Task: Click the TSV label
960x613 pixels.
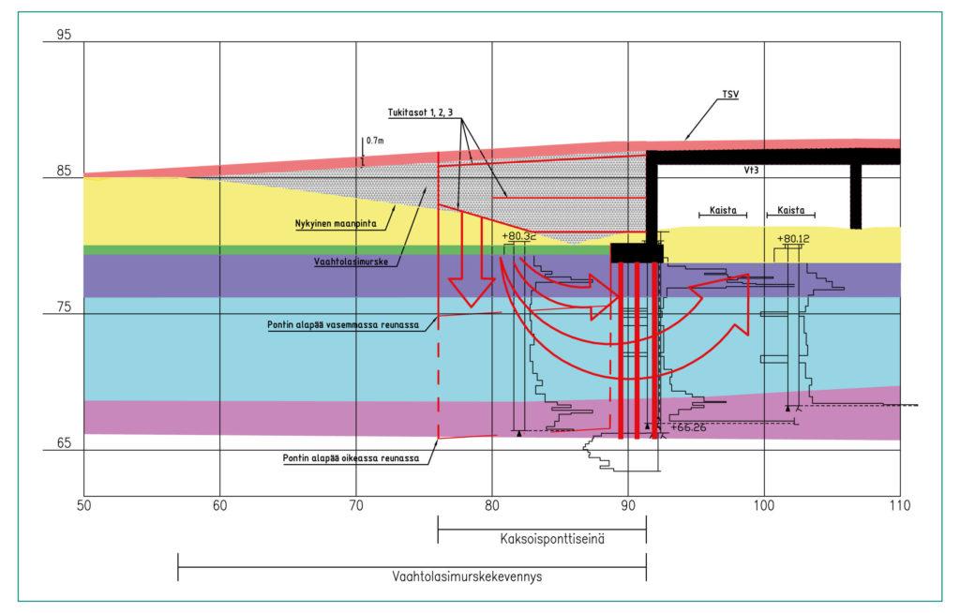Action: [730, 95]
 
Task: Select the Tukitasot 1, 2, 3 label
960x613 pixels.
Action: [421, 112]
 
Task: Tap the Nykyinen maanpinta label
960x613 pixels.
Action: [336, 223]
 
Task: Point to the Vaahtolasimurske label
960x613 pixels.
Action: [351, 262]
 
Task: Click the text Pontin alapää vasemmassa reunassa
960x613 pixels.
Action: [343, 324]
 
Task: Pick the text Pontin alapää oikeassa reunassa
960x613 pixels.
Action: [351, 458]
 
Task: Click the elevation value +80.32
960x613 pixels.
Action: [518, 236]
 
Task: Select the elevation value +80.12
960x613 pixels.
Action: [793, 238]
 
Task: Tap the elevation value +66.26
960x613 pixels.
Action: [688, 427]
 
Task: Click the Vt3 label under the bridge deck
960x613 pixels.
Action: [751, 170]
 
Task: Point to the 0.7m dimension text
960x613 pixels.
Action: [375, 141]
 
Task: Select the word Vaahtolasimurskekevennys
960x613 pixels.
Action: [467, 576]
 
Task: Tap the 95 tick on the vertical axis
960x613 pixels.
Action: [64, 35]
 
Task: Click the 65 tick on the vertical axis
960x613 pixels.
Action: [64, 442]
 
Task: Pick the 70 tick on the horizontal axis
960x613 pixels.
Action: [355, 506]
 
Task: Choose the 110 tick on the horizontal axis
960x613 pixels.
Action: [899, 506]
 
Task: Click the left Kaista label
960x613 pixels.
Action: [723, 210]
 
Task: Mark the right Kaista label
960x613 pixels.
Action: [791, 210]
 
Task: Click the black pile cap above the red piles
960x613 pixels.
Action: [637, 252]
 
